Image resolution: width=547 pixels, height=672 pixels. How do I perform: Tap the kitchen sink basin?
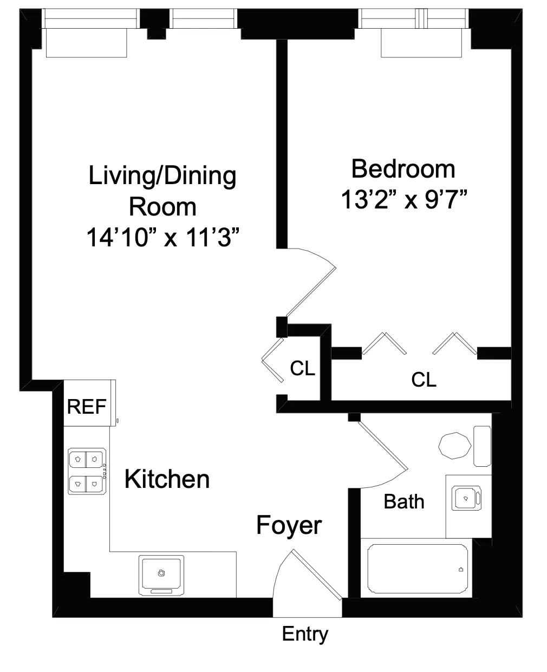click(x=161, y=573)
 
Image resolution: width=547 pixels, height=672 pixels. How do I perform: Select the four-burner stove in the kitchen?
click(x=87, y=471)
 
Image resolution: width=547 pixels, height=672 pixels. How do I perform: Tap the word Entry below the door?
click(x=305, y=634)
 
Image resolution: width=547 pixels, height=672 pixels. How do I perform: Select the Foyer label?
click(x=289, y=525)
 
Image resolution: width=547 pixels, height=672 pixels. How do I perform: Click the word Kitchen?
click(x=167, y=479)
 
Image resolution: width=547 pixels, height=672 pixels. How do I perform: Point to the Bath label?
click(x=403, y=501)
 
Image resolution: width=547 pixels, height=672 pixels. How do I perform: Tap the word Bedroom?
click(x=403, y=169)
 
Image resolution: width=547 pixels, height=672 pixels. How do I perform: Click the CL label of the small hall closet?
click(x=302, y=369)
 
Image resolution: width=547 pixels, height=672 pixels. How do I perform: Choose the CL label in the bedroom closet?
click(x=424, y=380)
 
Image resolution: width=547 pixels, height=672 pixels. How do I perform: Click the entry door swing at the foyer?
click(x=309, y=574)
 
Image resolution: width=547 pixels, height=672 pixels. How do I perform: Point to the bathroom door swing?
click(x=382, y=455)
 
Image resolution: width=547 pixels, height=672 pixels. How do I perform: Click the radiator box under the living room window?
click(x=87, y=43)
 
